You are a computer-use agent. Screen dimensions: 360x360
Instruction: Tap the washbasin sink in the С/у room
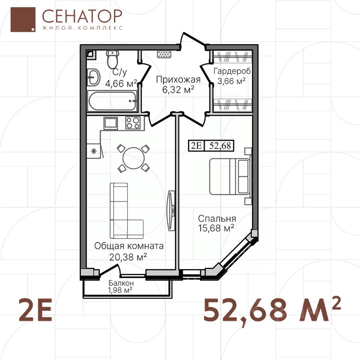(x=93, y=77)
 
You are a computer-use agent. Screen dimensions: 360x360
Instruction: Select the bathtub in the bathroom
(x=112, y=101)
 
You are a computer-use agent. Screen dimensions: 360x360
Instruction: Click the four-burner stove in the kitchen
(x=133, y=123)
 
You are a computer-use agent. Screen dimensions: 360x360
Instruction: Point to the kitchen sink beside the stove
(x=111, y=123)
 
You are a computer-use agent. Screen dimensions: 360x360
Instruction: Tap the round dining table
(x=133, y=158)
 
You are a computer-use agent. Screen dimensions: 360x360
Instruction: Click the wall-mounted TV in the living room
(x=171, y=210)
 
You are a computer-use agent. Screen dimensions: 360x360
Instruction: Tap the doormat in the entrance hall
(x=164, y=54)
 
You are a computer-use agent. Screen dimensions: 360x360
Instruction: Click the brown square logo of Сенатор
(x=23, y=19)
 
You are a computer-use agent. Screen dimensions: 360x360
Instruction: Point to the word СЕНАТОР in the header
(x=82, y=16)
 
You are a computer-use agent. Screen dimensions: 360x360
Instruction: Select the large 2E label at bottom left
(x=35, y=309)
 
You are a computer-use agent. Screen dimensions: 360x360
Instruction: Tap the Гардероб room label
(x=232, y=71)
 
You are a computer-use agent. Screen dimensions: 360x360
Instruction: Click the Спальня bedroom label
(x=217, y=218)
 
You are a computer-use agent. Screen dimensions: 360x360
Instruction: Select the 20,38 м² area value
(x=128, y=256)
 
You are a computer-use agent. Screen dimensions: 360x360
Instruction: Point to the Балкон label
(x=121, y=283)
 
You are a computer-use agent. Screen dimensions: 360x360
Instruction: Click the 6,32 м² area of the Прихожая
(x=178, y=90)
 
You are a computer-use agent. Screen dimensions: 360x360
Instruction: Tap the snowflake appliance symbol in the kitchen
(x=94, y=151)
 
